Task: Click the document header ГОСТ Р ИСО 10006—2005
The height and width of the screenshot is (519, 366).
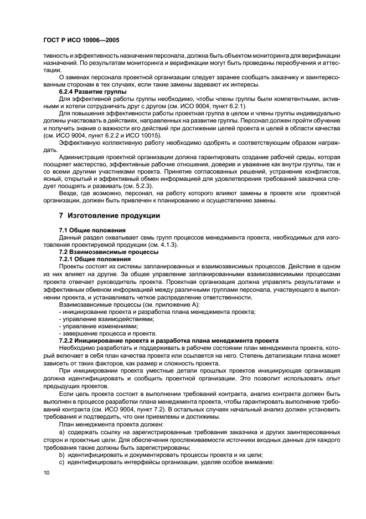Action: tap(80, 40)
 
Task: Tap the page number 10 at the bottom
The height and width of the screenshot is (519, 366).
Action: tap(46, 471)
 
